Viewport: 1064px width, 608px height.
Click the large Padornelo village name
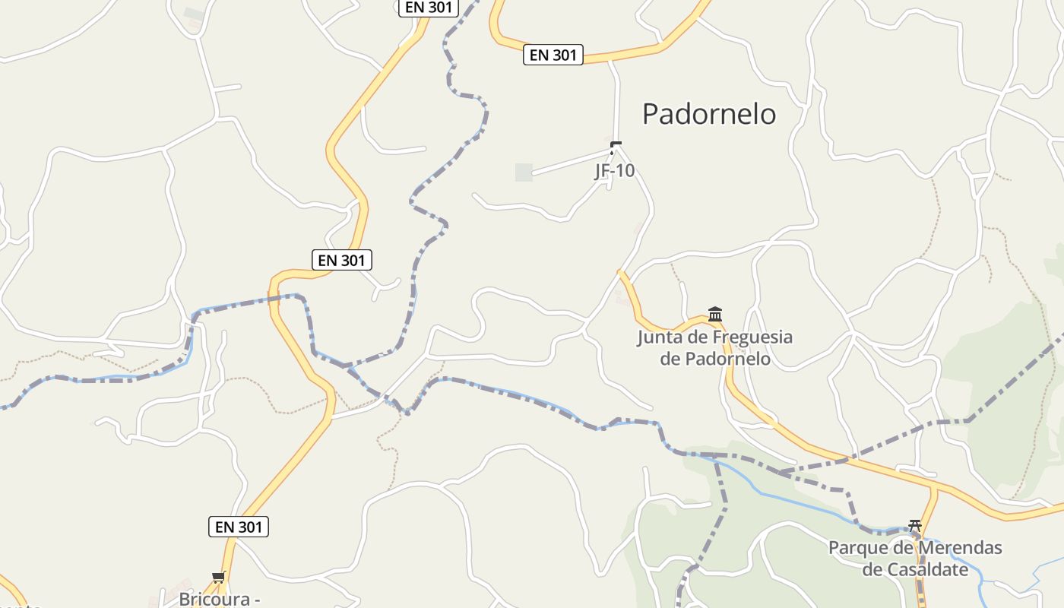click(x=709, y=114)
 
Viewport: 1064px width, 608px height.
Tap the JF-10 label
click(x=614, y=171)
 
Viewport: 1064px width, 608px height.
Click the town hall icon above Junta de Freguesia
click(x=715, y=313)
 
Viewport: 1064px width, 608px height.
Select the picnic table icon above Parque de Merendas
click(x=915, y=525)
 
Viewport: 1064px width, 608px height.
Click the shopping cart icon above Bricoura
click(x=219, y=578)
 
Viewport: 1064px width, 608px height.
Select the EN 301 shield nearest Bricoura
click(x=239, y=527)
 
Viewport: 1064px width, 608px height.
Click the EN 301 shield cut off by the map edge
click(x=429, y=8)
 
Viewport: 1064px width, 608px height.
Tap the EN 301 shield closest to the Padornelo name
click(x=553, y=55)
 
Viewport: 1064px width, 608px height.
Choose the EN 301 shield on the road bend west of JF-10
click(x=342, y=260)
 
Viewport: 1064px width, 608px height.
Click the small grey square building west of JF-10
click(x=524, y=173)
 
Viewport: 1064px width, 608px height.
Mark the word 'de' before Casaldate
click(x=874, y=570)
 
